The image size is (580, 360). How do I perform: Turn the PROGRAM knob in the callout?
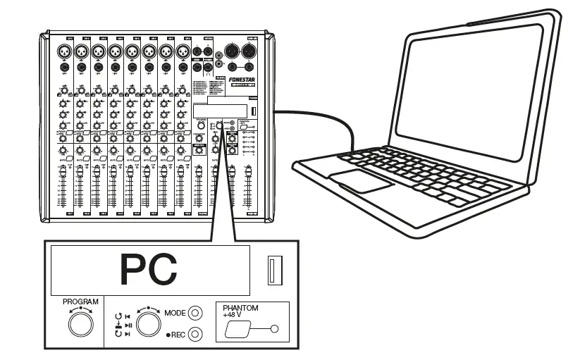coord(80,324)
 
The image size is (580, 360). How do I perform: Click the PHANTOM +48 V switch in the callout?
coord(236,328)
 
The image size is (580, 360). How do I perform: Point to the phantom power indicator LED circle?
coord(275,329)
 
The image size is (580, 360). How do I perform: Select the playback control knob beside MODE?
coord(149,323)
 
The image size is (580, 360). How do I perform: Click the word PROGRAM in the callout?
coord(80,302)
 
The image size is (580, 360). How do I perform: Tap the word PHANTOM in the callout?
coord(240,309)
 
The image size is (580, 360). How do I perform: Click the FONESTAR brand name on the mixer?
coord(242,81)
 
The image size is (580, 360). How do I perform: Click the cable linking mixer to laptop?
coord(331,116)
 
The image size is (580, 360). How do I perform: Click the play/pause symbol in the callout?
coord(128,324)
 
